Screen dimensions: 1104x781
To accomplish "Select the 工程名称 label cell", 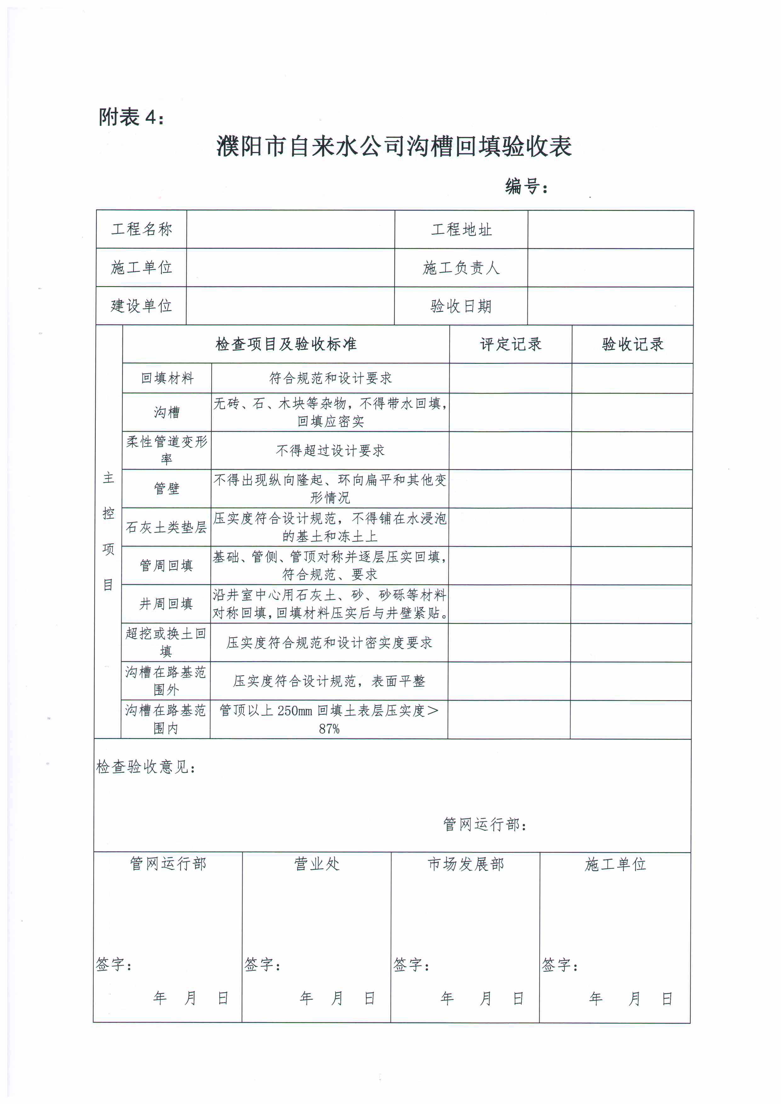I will [x=141, y=229].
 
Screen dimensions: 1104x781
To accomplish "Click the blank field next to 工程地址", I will [x=610, y=230].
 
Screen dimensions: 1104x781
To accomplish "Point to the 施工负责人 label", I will [x=461, y=268].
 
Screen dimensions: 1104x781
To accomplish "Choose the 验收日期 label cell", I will [x=461, y=306].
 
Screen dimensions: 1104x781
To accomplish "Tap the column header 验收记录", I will [x=632, y=344].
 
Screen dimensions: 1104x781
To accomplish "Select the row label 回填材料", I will [x=167, y=378].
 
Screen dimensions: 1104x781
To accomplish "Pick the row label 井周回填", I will [x=166, y=604].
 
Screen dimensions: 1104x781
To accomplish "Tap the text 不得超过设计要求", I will [x=330, y=450].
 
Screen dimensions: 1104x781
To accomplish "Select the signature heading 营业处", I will [x=316, y=864].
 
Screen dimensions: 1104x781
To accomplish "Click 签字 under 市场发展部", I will [x=411, y=965].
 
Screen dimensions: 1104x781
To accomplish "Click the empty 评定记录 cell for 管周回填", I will [x=510, y=565].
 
